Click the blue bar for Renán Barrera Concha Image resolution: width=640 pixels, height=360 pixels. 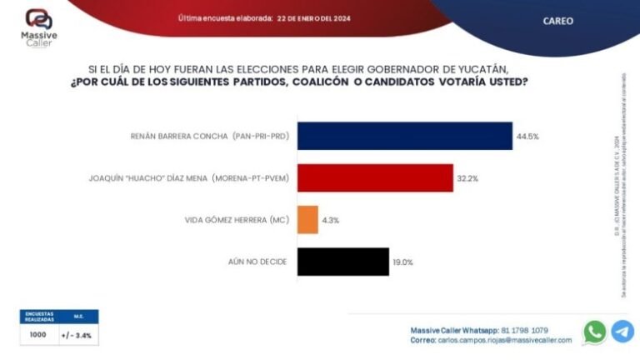(404, 136)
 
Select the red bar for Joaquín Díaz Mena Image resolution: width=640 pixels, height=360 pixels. (375, 178)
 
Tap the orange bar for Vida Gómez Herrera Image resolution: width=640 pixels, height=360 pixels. (307, 220)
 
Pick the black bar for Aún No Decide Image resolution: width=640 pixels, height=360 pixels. (342, 262)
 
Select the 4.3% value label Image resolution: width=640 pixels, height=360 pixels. (330, 220)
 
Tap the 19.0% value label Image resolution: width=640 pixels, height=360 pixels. (402, 262)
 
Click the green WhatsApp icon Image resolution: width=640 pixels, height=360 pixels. (594, 332)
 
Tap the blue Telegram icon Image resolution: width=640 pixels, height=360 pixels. (622, 332)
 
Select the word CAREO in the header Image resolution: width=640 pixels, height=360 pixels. (557, 21)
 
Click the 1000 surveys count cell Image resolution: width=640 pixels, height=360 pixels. (38, 335)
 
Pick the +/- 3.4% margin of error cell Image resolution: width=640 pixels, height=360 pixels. (77, 335)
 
